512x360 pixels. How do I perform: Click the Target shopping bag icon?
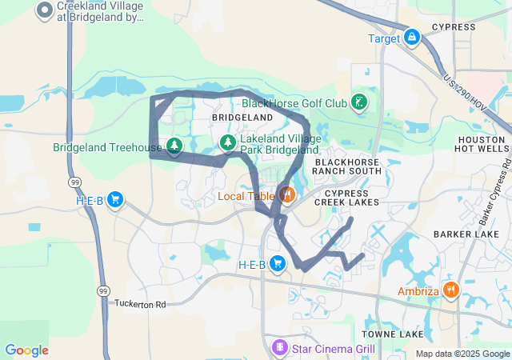click(411, 38)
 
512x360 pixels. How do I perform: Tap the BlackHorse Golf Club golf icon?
click(361, 102)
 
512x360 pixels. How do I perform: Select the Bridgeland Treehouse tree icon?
click(174, 146)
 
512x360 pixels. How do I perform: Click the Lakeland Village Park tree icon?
click(228, 142)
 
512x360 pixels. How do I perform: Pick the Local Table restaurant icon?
click(286, 194)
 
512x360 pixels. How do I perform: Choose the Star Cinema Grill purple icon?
click(279, 347)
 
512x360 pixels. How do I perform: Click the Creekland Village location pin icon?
click(45, 10)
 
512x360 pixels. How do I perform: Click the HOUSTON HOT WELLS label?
click(481, 144)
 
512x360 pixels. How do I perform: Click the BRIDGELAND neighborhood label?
click(242, 118)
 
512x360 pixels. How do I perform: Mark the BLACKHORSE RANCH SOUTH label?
click(347, 166)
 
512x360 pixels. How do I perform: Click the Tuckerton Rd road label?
click(139, 305)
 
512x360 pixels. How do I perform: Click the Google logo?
click(26, 350)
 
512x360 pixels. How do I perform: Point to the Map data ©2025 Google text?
click(462, 354)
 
